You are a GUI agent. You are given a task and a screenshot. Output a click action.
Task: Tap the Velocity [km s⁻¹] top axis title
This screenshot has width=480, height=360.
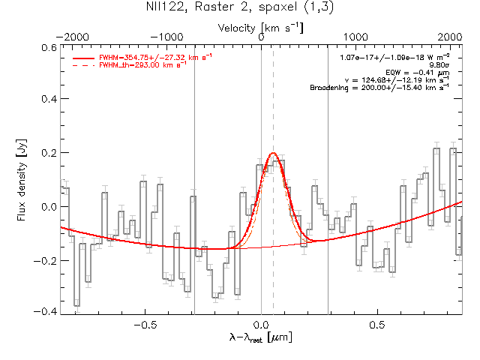[261, 27]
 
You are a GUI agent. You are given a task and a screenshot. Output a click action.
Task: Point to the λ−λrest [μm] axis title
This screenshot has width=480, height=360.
[260, 338]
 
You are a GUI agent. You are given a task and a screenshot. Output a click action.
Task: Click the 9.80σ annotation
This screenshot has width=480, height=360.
[439, 64]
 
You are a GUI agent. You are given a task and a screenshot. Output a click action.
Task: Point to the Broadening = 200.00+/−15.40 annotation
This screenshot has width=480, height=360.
[379, 88]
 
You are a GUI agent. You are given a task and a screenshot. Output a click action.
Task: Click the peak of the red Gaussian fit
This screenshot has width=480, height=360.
[273, 153]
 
